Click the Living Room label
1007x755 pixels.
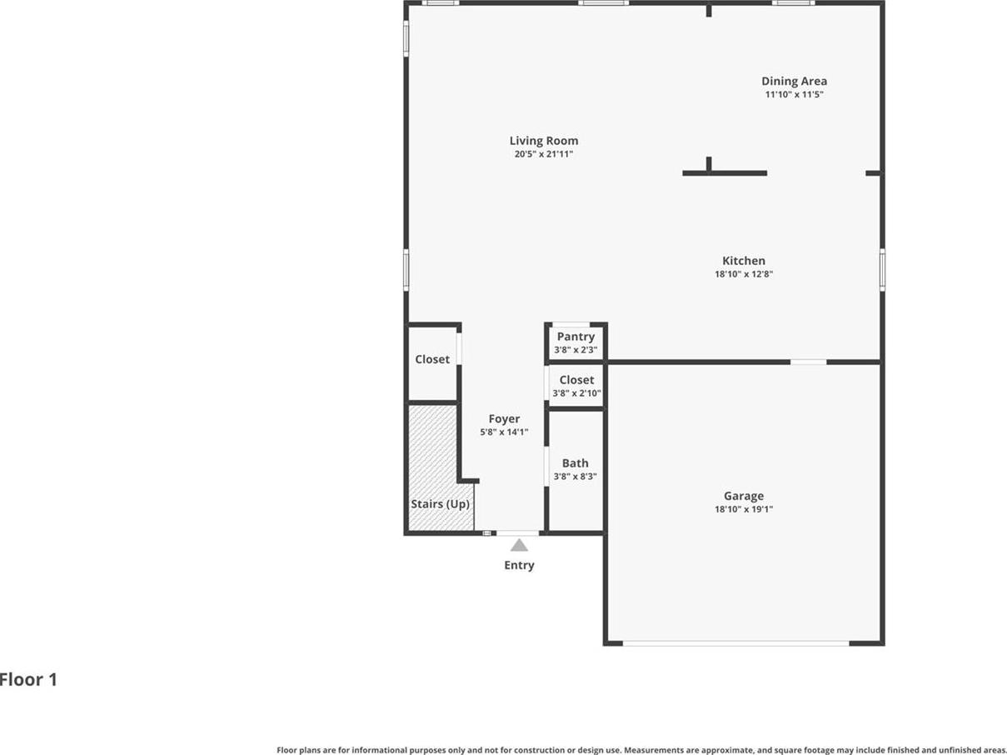[x=544, y=141]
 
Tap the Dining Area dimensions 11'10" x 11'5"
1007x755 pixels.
[x=794, y=94]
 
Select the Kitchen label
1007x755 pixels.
[x=744, y=261]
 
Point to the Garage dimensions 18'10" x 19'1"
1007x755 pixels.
[x=744, y=509]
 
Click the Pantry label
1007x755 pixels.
[x=576, y=337]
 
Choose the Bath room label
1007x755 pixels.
[x=576, y=463]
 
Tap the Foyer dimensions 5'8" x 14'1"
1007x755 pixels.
[x=504, y=432]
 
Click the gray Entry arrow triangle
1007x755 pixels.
[x=519, y=545]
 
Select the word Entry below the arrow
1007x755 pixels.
[x=519, y=566]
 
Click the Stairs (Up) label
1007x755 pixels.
[x=440, y=504]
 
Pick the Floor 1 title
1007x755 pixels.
[x=28, y=680]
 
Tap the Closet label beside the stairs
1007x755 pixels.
[x=432, y=359]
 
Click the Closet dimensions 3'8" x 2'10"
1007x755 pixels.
[x=576, y=393]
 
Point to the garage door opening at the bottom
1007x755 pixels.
[x=735, y=643]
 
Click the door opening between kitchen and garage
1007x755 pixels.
[x=809, y=362]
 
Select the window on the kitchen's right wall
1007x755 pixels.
[x=882, y=270]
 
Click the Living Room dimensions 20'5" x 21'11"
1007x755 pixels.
[x=544, y=154]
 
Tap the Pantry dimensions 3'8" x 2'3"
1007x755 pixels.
[x=576, y=350]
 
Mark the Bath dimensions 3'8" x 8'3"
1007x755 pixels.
[x=576, y=477]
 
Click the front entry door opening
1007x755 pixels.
[x=518, y=533]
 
